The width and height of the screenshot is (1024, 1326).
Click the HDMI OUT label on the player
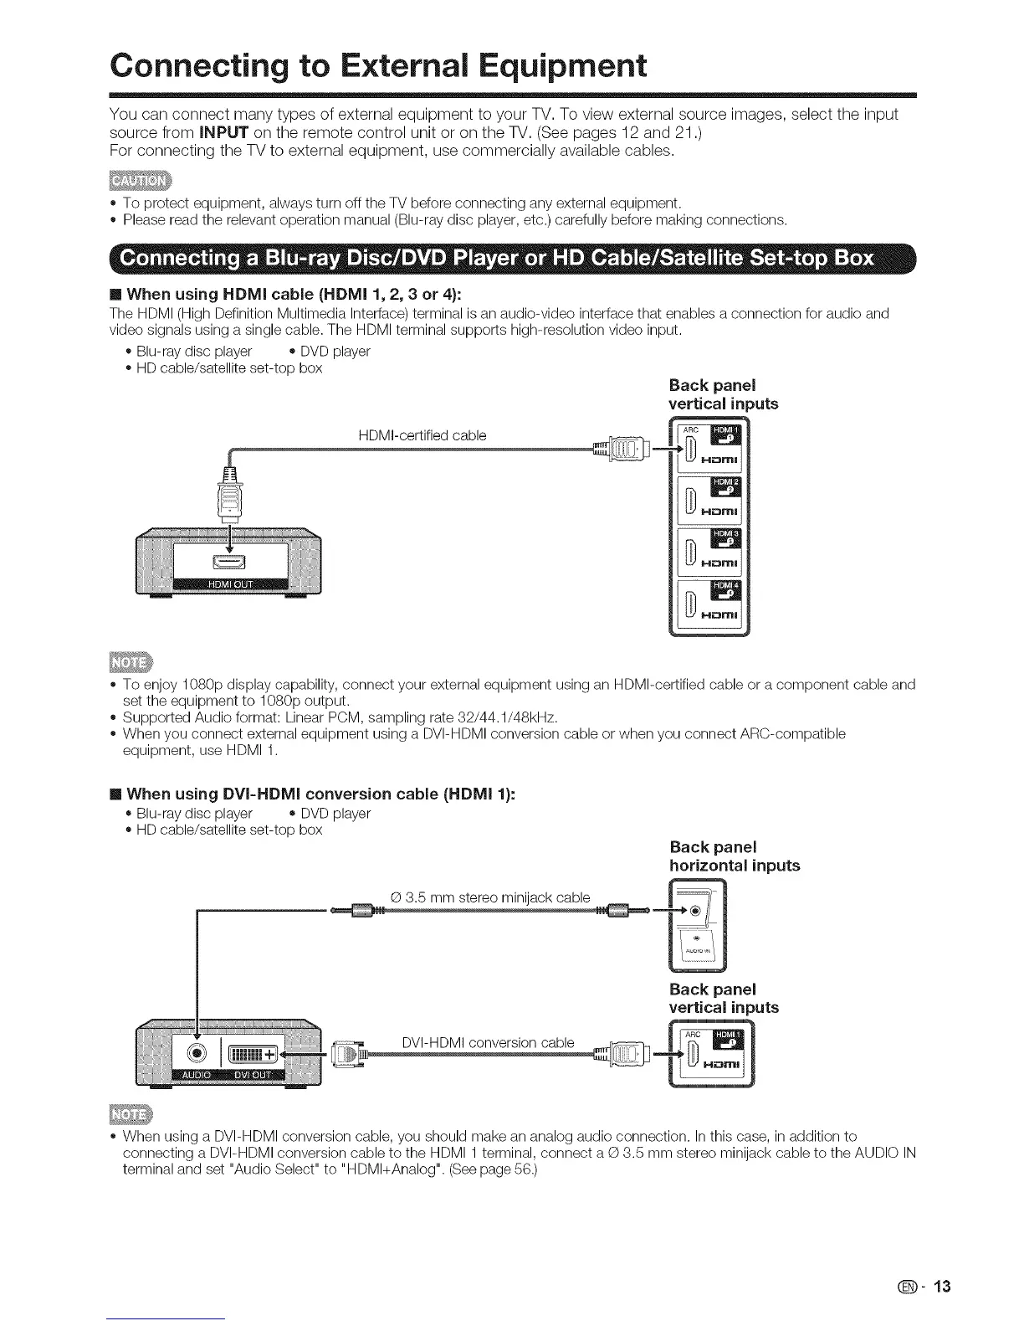click(230, 584)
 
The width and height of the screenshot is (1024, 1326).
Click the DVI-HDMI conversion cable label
click(488, 1042)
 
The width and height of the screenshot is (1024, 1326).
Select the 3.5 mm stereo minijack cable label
click(490, 897)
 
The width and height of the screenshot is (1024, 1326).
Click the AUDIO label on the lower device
click(196, 1075)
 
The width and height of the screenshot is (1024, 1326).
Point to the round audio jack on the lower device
click(196, 1053)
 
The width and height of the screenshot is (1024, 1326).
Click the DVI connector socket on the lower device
click(250, 1053)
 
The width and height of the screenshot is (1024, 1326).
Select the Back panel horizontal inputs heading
click(734, 856)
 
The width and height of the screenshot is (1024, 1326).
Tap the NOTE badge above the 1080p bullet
click(126, 661)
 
